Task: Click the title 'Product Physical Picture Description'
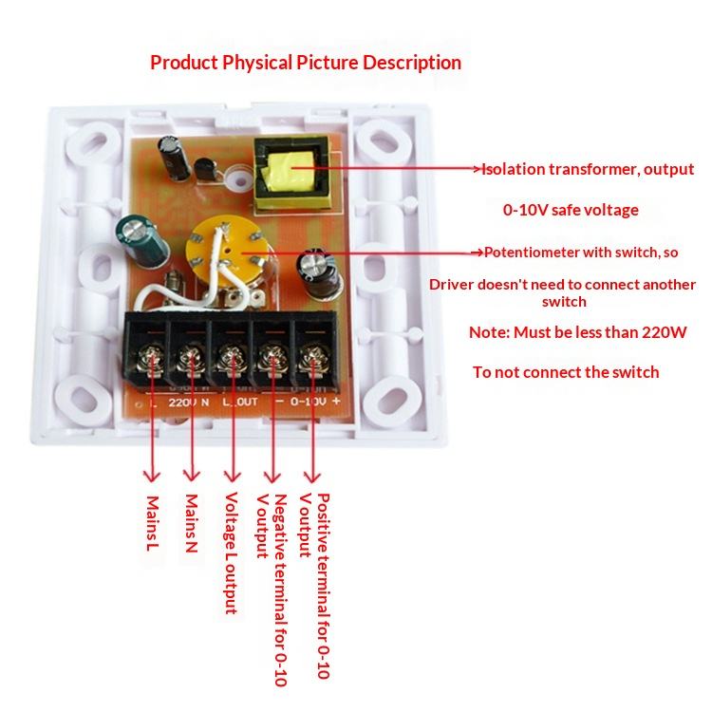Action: click(306, 63)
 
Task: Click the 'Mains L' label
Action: click(151, 522)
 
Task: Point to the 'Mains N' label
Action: click(192, 523)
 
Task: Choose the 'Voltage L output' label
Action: click(231, 552)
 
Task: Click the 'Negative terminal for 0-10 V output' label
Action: click(272, 588)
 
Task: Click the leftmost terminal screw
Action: click(147, 360)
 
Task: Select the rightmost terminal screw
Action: click(312, 360)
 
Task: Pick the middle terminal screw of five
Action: click(230, 360)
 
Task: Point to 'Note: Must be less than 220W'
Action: click(578, 333)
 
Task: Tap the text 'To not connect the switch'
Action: click(566, 372)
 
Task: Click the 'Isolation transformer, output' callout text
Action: click(588, 170)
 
